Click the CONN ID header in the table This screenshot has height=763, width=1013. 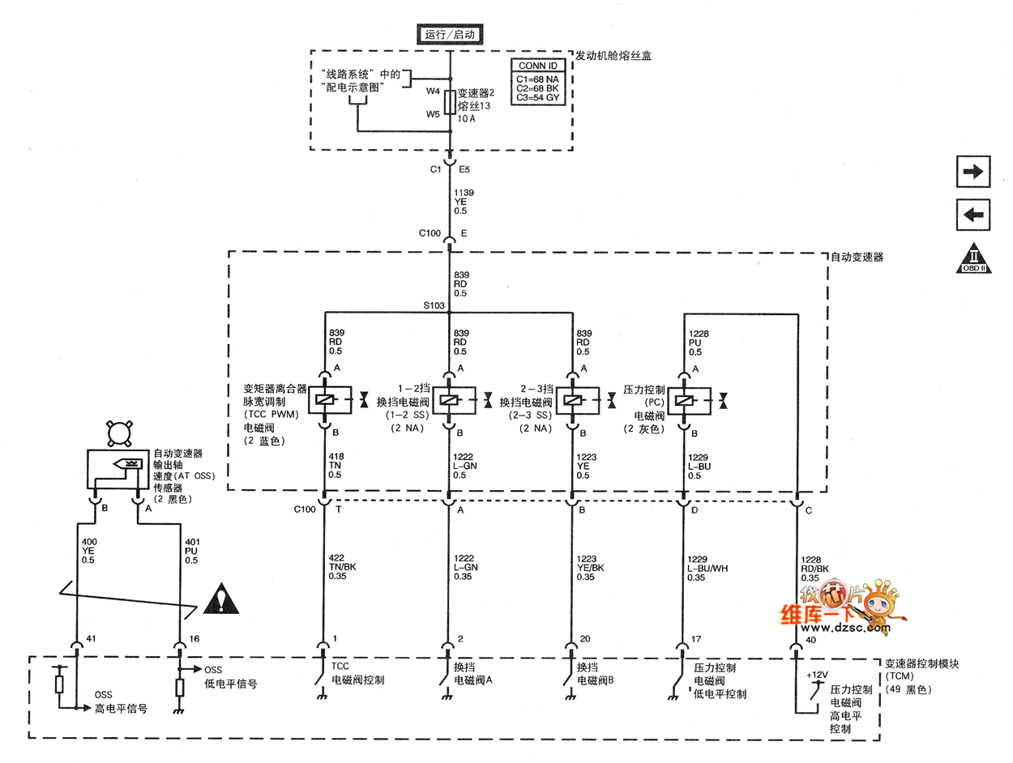[x=536, y=66]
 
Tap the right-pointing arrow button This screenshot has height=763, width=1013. [x=972, y=171]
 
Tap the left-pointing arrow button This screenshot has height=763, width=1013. [x=972, y=215]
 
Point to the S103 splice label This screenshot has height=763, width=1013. [x=434, y=306]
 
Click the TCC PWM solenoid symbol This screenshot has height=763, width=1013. [x=325, y=399]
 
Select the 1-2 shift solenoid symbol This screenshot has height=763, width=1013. [x=448, y=399]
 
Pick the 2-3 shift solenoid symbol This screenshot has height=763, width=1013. [x=572, y=399]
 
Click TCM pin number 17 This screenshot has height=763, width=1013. [x=696, y=639]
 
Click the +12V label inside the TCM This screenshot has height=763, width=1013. [x=817, y=674]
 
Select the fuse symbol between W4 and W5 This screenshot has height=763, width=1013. [x=450, y=103]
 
